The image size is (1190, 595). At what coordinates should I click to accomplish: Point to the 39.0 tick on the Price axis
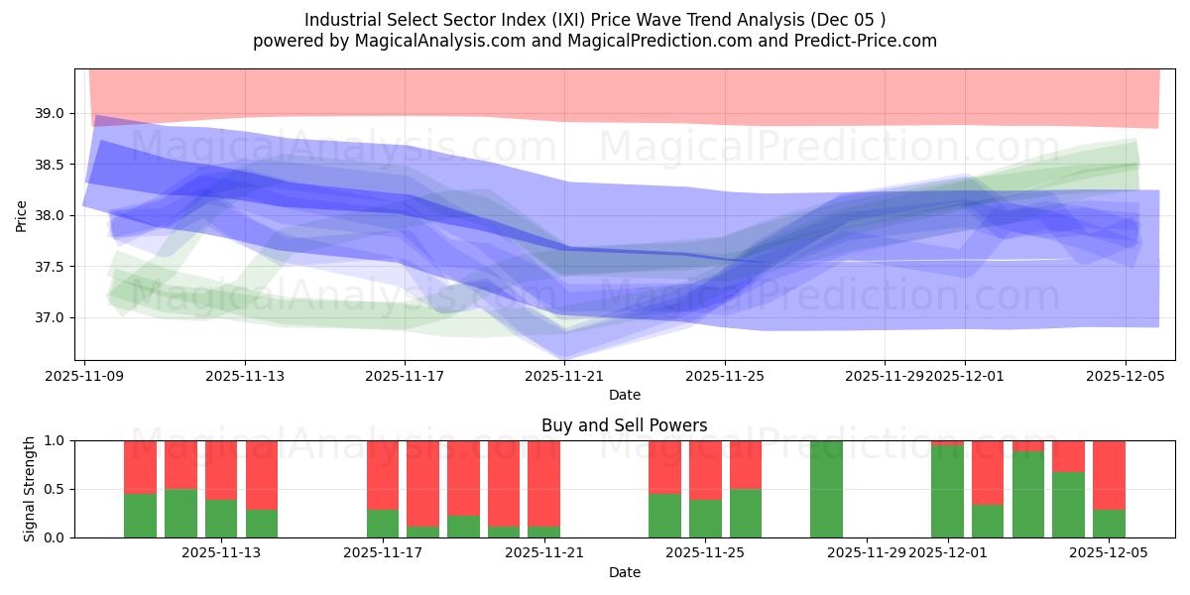point(50,113)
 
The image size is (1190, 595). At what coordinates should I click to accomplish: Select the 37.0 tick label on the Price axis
point(50,318)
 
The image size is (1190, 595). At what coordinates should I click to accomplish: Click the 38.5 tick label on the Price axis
point(50,165)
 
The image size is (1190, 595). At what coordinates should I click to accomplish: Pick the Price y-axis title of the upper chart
point(22,215)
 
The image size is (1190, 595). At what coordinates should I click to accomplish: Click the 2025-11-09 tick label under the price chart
point(85,377)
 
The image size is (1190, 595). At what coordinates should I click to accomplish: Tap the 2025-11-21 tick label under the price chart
point(564,377)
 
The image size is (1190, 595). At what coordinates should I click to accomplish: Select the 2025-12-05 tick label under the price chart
point(1125,377)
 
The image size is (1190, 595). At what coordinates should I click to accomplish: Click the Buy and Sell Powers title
point(624,425)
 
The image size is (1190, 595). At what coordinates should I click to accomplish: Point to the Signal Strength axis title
point(30,489)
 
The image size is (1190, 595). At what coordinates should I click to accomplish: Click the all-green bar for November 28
point(826,489)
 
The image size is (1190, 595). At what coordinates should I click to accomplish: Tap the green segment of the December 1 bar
point(947,492)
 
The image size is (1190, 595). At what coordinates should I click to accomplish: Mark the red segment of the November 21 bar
point(543,482)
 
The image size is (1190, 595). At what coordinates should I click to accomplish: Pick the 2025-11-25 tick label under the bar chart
point(705,553)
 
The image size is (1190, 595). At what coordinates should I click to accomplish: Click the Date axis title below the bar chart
point(624,572)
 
